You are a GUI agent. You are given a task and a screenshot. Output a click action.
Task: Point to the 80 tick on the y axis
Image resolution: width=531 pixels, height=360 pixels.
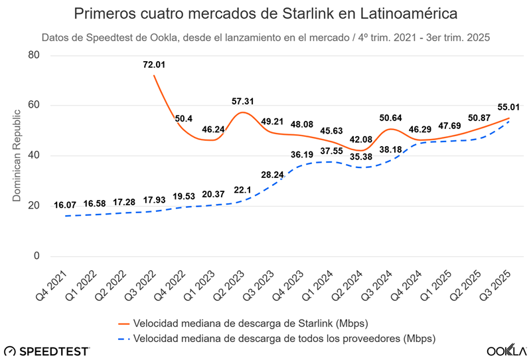point(35,55)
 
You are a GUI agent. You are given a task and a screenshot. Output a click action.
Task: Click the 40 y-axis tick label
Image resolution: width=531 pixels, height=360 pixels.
point(35,156)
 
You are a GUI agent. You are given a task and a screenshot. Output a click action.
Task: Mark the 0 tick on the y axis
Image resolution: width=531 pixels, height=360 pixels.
point(37,256)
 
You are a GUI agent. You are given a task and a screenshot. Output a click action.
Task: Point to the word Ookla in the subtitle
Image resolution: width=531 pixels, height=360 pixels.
point(157,37)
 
